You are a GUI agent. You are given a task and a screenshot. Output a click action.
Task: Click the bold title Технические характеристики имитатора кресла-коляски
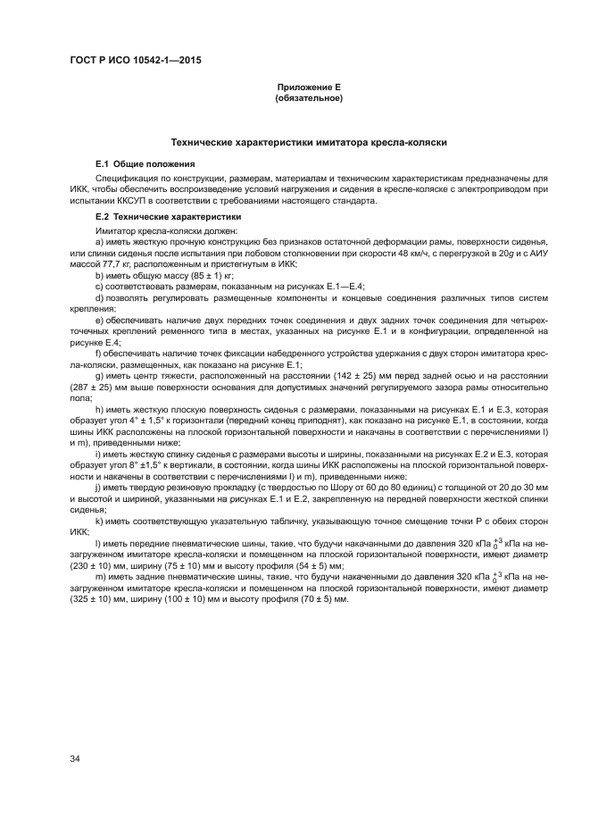309,143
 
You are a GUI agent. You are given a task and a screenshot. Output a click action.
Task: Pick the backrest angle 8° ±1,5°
150,466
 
